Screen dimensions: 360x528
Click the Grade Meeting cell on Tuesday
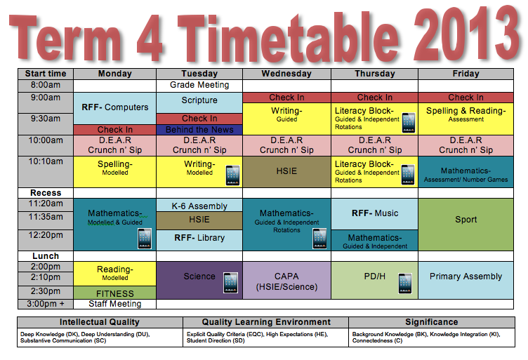coord(199,85)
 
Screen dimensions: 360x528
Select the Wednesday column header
coord(286,73)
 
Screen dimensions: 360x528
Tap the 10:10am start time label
coord(46,161)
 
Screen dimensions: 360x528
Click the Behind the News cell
coord(199,130)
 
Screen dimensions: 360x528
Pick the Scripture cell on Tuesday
coord(199,101)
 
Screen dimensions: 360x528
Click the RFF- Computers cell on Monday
coord(115,107)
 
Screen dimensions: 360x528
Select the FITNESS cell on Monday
coord(115,293)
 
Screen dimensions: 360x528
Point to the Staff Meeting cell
coord(115,304)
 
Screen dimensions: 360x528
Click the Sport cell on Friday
coord(466,220)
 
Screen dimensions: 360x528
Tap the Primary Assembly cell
coord(466,276)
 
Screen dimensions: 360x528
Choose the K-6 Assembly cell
coord(199,206)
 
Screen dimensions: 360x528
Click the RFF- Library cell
coord(199,238)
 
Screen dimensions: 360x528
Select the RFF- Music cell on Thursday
coord(374,213)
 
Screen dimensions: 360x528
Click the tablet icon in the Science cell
coord(231,283)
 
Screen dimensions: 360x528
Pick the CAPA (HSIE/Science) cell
coord(286,281)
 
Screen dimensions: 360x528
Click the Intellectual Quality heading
coord(100,322)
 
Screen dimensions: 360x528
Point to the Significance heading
coord(431,322)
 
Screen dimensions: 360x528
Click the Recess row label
coord(46,192)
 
